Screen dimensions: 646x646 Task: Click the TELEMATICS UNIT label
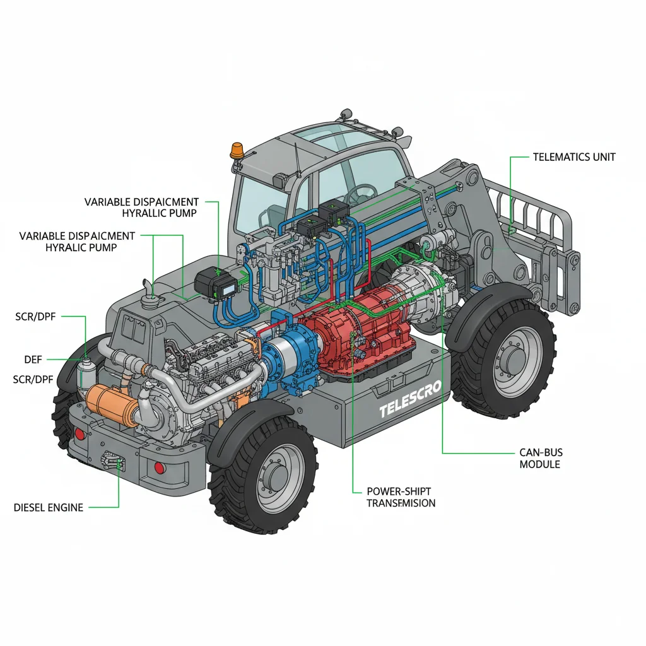[x=574, y=156]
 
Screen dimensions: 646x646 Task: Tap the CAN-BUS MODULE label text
[x=541, y=458]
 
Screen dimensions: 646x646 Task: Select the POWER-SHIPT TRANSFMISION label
[x=401, y=496]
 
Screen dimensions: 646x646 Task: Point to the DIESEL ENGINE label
[x=49, y=507]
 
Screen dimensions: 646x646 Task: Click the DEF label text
[x=33, y=359]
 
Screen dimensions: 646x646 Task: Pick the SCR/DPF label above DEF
[x=35, y=316]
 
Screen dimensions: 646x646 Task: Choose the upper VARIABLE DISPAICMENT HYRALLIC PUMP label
[x=142, y=208]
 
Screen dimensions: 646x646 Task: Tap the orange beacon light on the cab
[x=237, y=150]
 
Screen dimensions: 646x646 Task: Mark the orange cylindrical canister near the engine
[x=114, y=400]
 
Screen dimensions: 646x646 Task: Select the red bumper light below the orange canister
[x=79, y=435]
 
